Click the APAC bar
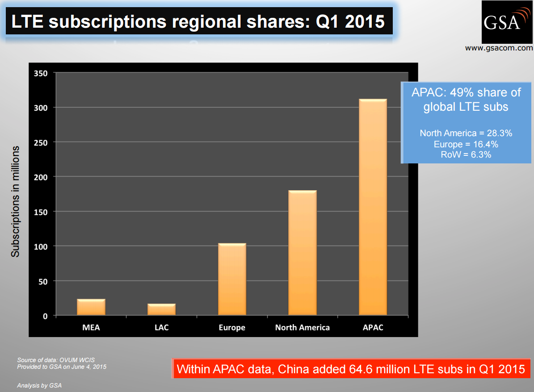pos(373,207)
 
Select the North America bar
pos(303,253)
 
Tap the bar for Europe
pos(232,279)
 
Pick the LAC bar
pos(161,309)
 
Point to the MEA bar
pos(91,307)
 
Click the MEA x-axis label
pos(91,327)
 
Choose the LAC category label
pos(161,327)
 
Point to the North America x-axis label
pos(303,327)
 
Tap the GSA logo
pos(507,21)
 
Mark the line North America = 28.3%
pos(466,133)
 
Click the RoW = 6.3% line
pos(466,154)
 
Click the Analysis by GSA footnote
pos(39,385)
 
